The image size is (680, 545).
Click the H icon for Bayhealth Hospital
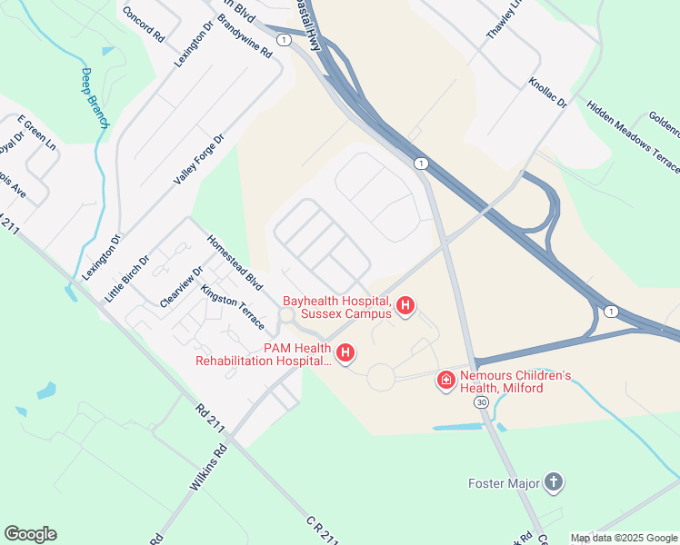point(406,307)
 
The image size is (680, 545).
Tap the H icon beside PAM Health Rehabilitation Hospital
point(345,353)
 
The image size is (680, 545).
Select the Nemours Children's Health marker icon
point(446,380)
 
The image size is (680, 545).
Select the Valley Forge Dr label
point(198,160)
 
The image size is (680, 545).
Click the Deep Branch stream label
point(94,98)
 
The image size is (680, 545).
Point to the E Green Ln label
point(36,134)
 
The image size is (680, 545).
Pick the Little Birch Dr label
point(125,279)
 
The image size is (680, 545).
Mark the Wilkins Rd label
point(208,469)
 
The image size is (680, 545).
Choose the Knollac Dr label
point(548,93)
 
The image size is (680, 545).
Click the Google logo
point(30,534)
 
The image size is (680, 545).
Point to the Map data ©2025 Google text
point(623,538)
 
